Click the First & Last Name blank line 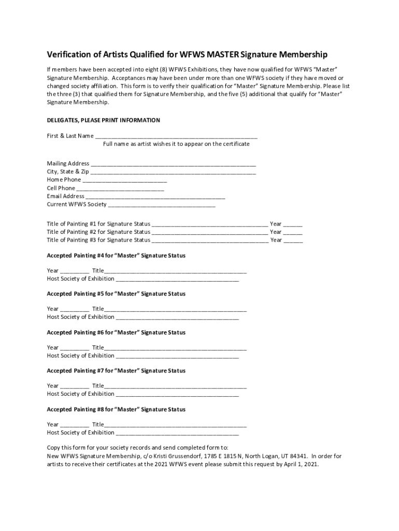coord(176,137)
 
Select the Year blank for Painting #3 coord(293,241)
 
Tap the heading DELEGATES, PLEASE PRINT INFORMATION coord(103,120)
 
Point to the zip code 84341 coord(297,456)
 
